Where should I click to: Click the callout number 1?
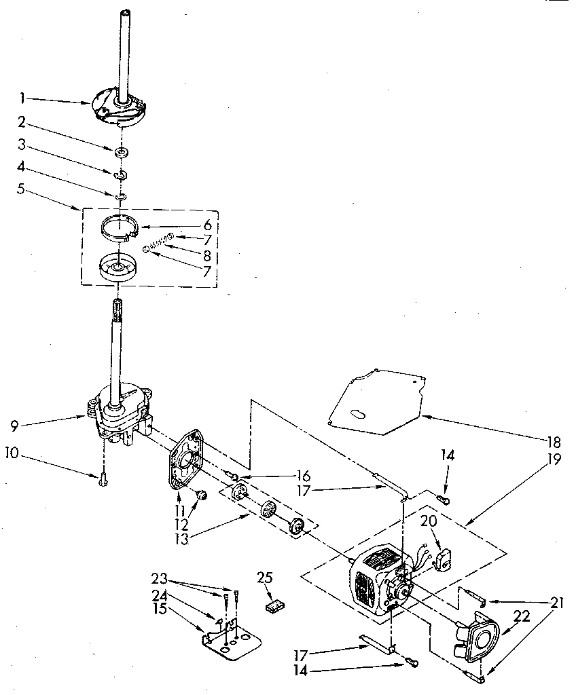coord(22,99)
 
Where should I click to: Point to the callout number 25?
coord(266,578)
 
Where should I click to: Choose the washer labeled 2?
coord(123,150)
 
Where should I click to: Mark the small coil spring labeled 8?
coord(158,243)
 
